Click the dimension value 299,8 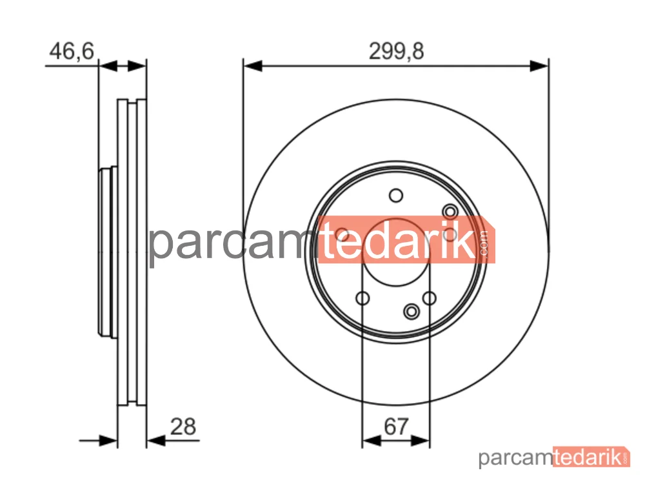(x=396, y=52)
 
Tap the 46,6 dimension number (x=72, y=51)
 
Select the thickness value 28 (x=183, y=427)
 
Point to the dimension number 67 (x=396, y=427)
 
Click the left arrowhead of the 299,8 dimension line (x=253, y=66)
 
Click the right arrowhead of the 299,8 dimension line (x=539, y=66)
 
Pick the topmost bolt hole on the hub (x=396, y=196)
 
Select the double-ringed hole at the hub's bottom (x=412, y=312)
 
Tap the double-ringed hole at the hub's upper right (x=450, y=212)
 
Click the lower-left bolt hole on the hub (x=362, y=298)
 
